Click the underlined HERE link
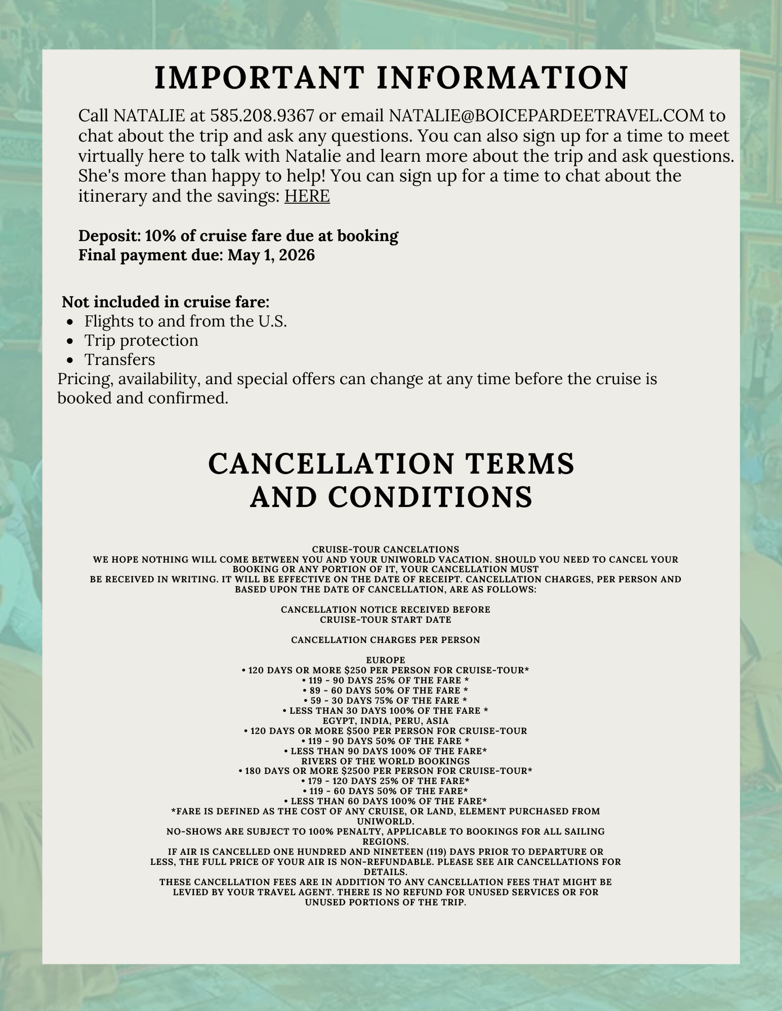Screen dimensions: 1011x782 [307, 197]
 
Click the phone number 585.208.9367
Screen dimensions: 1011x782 [261, 116]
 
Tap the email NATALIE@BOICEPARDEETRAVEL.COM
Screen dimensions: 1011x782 [546, 116]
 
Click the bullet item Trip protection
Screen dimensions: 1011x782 [141, 341]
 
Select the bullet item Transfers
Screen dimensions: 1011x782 [120, 360]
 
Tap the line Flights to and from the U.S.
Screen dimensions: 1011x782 [186, 321]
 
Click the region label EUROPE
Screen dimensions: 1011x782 [386, 660]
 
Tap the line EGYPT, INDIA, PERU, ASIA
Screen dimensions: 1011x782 [386, 721]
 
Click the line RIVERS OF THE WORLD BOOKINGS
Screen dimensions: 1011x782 [386, 762]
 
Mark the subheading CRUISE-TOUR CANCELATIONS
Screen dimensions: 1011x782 [386, 549]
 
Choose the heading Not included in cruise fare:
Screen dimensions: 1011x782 [165, 302]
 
